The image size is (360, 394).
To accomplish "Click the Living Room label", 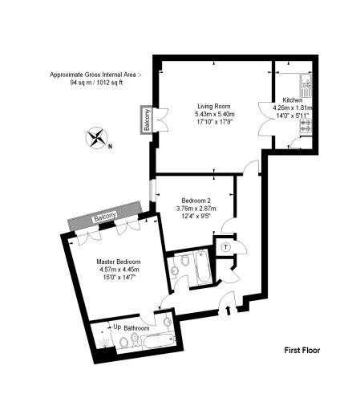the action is coord(214,106).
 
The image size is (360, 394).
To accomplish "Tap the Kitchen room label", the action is coord(293,100).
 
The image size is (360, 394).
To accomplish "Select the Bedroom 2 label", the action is coord(196,201).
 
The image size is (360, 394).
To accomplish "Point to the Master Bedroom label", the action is coord(119,262).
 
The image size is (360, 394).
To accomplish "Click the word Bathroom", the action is coord(136,328).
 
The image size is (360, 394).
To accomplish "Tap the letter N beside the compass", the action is coord(110,146).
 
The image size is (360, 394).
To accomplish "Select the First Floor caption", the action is coord(302,350).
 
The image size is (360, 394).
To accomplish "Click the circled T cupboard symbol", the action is coord(226,247).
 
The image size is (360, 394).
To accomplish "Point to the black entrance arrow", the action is coord(229,311).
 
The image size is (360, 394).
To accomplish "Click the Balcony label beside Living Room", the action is coord(147,120).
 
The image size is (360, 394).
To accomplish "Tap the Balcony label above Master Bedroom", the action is coord(105,217).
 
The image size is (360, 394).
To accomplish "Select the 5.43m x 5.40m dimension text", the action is coord(215,114).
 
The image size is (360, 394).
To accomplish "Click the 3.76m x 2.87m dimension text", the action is coord(196,209).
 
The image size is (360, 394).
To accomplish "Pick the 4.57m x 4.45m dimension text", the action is coord(119,270).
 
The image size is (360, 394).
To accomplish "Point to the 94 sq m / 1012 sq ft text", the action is coord(96,83).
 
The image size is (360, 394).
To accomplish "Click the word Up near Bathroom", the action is coord(117,327).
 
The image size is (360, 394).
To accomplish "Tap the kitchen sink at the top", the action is coord(306,86).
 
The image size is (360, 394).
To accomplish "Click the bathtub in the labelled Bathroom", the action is coord(158,341).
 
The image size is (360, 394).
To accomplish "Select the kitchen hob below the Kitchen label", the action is coord(306,126).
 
